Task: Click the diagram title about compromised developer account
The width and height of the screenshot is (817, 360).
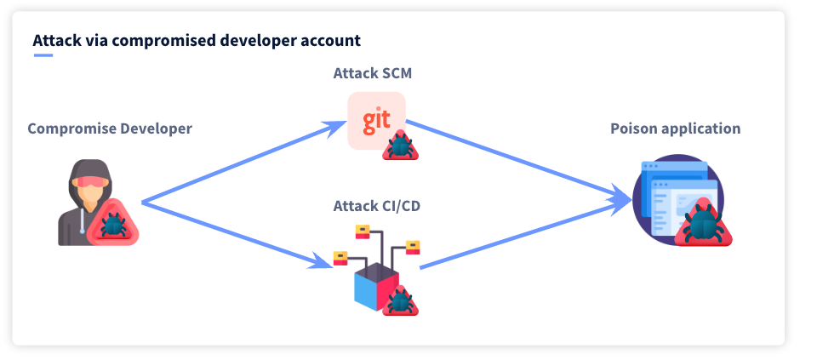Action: pyautogui.click(x=197, y=40)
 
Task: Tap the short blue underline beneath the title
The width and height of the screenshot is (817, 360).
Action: pyautogui.click(x=43, y=54)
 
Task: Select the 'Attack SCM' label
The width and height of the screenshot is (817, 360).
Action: pyautogui.click(x=373, y=73)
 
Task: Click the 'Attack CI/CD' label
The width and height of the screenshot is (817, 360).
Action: pyautogui.click(x=377, y=207)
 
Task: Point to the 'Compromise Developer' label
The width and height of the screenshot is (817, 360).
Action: pyautogui.click(x=110, y=129)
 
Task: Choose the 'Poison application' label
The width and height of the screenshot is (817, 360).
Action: pyautogui.click(x=675, y=129)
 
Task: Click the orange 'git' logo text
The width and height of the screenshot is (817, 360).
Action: pyautogui.click(x=376, y=120)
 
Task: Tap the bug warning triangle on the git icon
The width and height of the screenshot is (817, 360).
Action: pyautogui.click(x=400, y=145)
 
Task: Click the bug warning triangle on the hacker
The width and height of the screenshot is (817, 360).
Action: pyautogui.click(x=112, y=223)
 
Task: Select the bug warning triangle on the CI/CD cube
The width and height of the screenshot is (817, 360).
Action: pyautogui.click(x=400, y=300)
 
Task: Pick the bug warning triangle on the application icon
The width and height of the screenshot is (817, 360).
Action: pyautogui.click(x=704, y=223)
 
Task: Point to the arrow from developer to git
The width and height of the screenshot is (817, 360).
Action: pyautogui.click(x=245, y=162)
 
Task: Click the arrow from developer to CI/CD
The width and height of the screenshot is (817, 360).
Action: pyautogui.click(x=237, y=235)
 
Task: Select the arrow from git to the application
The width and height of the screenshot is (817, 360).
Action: pyautogui.click(x=518, y=161)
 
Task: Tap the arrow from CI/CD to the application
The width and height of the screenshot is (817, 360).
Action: pyautogui.click(x=525, y=233)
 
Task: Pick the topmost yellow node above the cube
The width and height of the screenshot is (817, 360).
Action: pyautogui.click(x=363, y=231)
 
